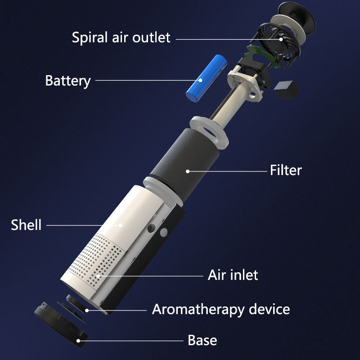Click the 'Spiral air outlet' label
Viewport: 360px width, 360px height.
[x=121, y=38]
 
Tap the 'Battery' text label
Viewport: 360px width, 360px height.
[x=68, y=81]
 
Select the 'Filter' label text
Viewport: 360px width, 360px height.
[x=286, y=170]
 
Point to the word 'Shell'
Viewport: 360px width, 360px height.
[x=26, y=225]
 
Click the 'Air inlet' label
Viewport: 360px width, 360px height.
[x=233, y=275]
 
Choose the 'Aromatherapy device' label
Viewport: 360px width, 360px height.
[x=221, y=310]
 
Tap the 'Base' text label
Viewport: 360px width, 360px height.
[x=202, y=340]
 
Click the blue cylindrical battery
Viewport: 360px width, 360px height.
[x=207, y=78]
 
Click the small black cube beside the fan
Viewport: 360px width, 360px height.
[x=287, y=90]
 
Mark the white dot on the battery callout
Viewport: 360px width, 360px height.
[x=200, y=80]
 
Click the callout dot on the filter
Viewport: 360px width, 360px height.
[x=188, y=171]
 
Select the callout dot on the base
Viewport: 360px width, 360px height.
[x=78, y=341]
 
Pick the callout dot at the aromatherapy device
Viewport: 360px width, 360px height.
[x=87, y=310]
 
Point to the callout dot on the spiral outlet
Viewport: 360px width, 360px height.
[x=281, y=39]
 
